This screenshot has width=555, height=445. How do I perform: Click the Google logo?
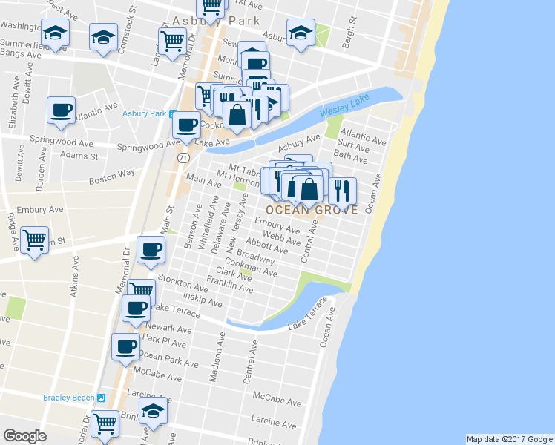(24, 436)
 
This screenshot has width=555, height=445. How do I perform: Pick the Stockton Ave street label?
(189, 286)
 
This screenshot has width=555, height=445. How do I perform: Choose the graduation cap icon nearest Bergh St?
(301, 33)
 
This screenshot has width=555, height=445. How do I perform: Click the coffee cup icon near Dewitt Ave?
(60, 111)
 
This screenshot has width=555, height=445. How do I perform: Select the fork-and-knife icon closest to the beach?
(341, 190)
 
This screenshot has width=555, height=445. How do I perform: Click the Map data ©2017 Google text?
(509, 439)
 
